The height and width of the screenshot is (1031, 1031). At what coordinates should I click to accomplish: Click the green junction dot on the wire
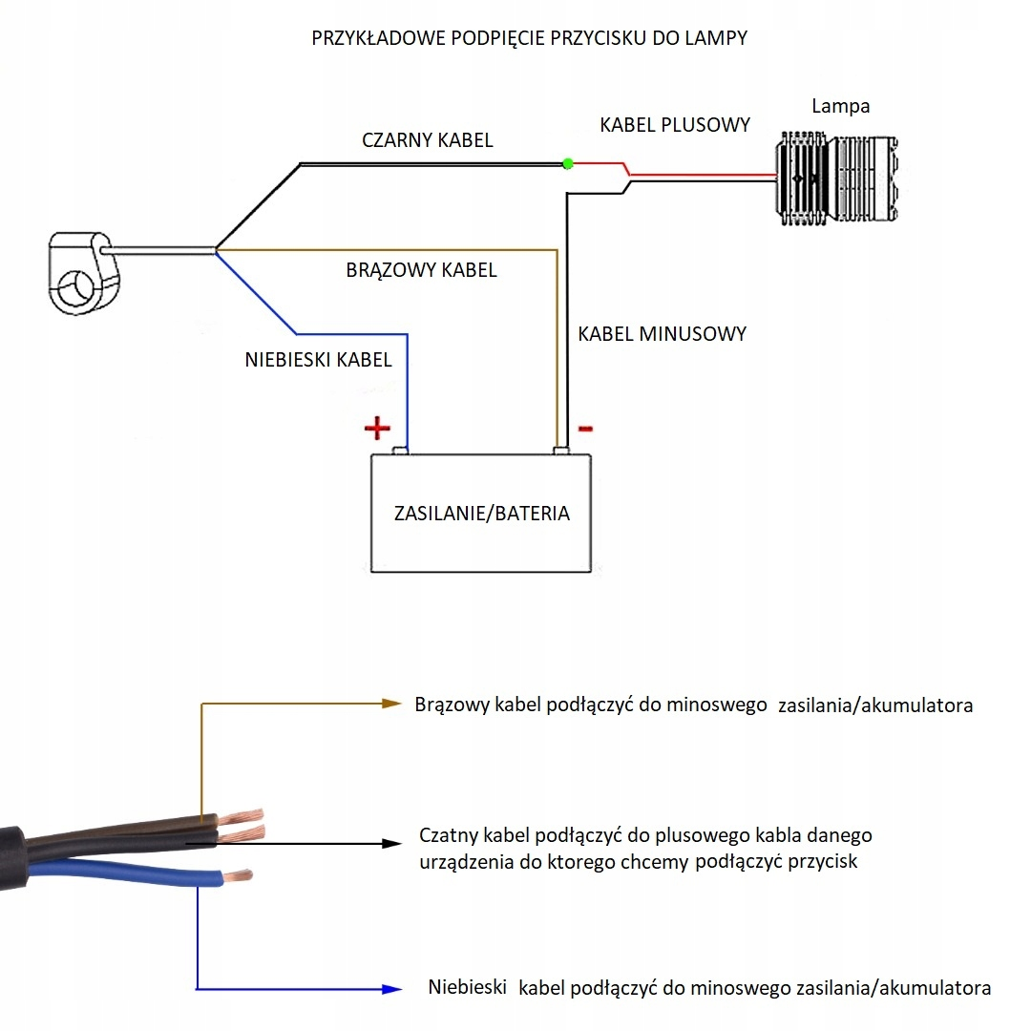click(568, 163)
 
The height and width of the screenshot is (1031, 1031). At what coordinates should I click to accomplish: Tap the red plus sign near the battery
click(378, 428)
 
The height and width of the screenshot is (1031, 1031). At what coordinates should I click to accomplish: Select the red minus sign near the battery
click(585, 428)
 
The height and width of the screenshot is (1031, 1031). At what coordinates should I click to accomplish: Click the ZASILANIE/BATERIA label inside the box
click(481, 514)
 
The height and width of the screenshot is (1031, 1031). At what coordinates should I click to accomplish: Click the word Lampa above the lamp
click(840, 106)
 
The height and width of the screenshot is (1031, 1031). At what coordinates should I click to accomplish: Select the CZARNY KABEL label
click(427, 140)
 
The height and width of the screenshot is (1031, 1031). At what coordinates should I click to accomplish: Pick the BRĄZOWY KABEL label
click(421, 270)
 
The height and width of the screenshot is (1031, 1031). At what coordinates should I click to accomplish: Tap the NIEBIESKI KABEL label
click(318, 360)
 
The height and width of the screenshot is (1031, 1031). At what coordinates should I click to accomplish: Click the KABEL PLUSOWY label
click(674, 125)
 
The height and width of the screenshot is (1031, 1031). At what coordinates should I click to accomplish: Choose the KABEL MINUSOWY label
click(662, 334)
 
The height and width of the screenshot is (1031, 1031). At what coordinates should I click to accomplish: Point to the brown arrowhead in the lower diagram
click(390, 704)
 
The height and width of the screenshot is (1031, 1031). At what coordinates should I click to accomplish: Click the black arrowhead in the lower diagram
click(390, 843)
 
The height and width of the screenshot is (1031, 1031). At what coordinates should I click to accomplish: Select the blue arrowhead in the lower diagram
click(390, 989)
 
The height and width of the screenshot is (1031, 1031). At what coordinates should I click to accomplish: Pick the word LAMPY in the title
click(722, 39)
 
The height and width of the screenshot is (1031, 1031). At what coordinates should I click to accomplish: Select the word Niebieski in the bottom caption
click(467, 987)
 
